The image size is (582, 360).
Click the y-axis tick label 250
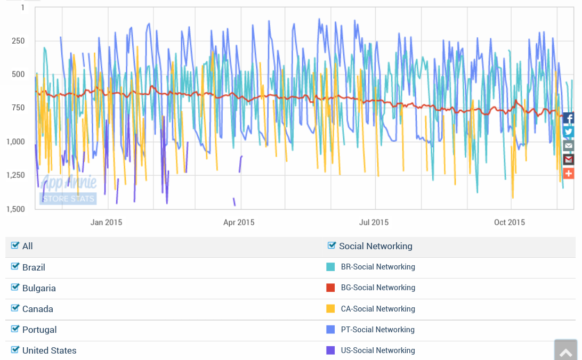click(x=18, y=41)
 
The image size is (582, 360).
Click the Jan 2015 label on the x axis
click(x=106, y=223)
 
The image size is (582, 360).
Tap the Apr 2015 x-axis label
click(x=238, y=223)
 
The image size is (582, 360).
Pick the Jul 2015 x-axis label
click(x=374, y=223)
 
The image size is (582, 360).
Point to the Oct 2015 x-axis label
click(x=510, y=223)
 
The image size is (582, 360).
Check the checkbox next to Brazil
click(x=15, y=266)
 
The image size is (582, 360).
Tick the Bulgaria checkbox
click(x=15, y=287)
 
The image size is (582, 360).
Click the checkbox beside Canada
click(x=15, y=308)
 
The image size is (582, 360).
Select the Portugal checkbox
click(x=15, y=329)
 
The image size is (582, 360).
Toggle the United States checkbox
click(x=15, y=349)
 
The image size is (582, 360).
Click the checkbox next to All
click(x=15, y=245)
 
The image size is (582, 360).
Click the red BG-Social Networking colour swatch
click(x=330, y=288)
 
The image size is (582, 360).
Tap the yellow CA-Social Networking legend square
click(x=330, y=308)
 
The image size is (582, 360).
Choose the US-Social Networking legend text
click(x=378, y=350)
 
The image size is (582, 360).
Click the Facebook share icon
click(x=569, y=118)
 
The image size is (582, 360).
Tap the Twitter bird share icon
click(x=569, y=132)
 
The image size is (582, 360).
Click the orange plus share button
click(x=569, y=173)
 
